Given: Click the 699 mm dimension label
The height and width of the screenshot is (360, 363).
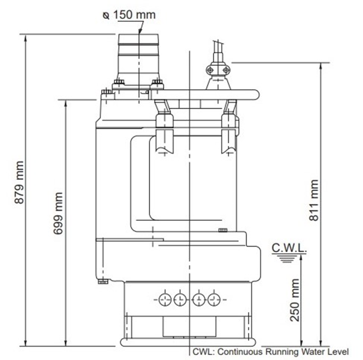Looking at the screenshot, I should pyautogui.click(x=57, y=214).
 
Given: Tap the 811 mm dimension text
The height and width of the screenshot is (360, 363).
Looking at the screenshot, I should pyautogui.click(x=313, y=200).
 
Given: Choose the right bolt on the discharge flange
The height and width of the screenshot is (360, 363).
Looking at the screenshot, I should pyautogui.click(x=156, y=84).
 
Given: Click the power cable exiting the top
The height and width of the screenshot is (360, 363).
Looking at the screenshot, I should pyautogui.click(x=218, y=48).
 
